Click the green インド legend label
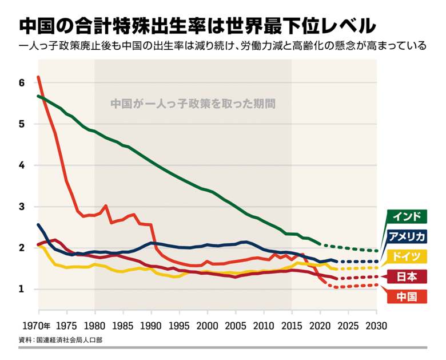click(408, 217)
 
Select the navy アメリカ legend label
click(408, 236)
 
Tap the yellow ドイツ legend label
click(408, 256)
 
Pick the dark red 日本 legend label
click(408, 276)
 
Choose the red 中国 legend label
click(408, 296)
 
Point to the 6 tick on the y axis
click(22, 83)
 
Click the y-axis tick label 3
click(22, 207)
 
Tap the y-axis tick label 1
click(22, 289)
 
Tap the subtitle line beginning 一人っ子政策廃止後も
click(222, 46)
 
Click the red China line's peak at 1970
click(38, 77)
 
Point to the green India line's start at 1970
click(38, 96)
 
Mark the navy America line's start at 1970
click(38, 224)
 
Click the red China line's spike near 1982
click(106, 205)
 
